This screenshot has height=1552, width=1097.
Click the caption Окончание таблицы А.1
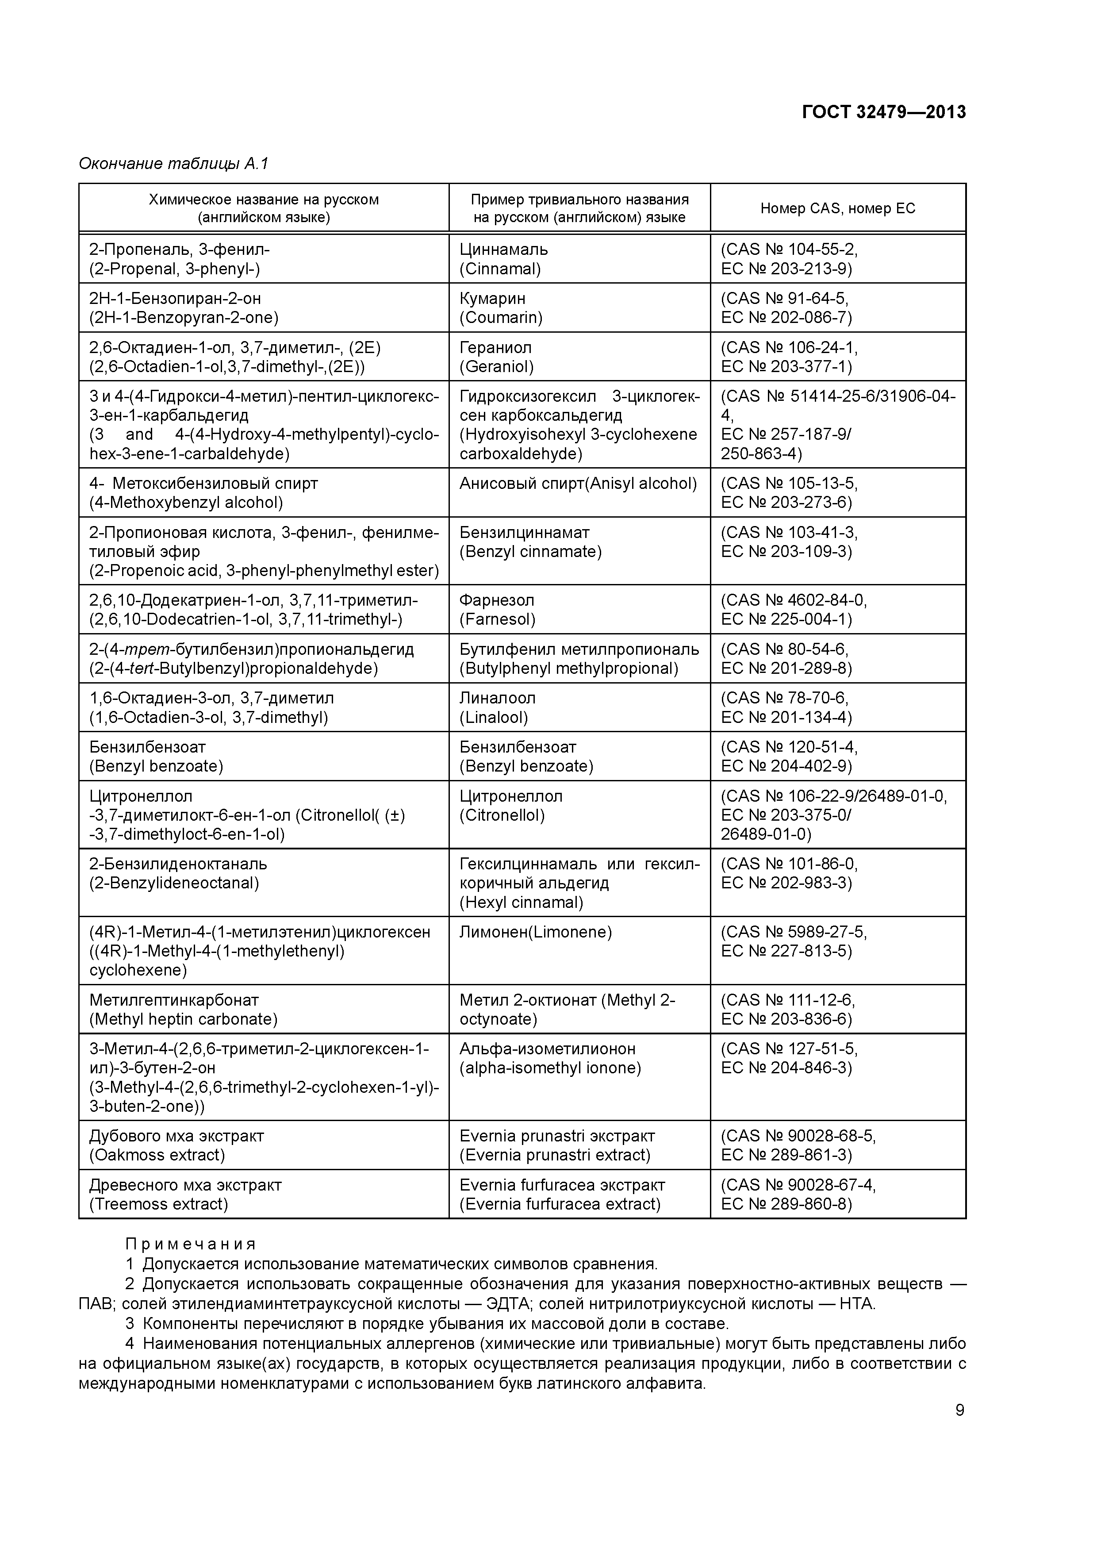[174, 164]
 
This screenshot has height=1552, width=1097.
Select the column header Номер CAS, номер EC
[837, 208]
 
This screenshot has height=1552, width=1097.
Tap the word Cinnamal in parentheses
[500, 269]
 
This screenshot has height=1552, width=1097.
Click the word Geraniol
[497, 367]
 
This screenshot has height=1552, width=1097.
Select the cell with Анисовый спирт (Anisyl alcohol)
[578, 483]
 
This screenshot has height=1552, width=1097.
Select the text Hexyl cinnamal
[521, 903]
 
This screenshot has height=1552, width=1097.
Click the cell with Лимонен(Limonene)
[535, 932]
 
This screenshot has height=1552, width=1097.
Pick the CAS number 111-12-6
[821, 1000]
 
